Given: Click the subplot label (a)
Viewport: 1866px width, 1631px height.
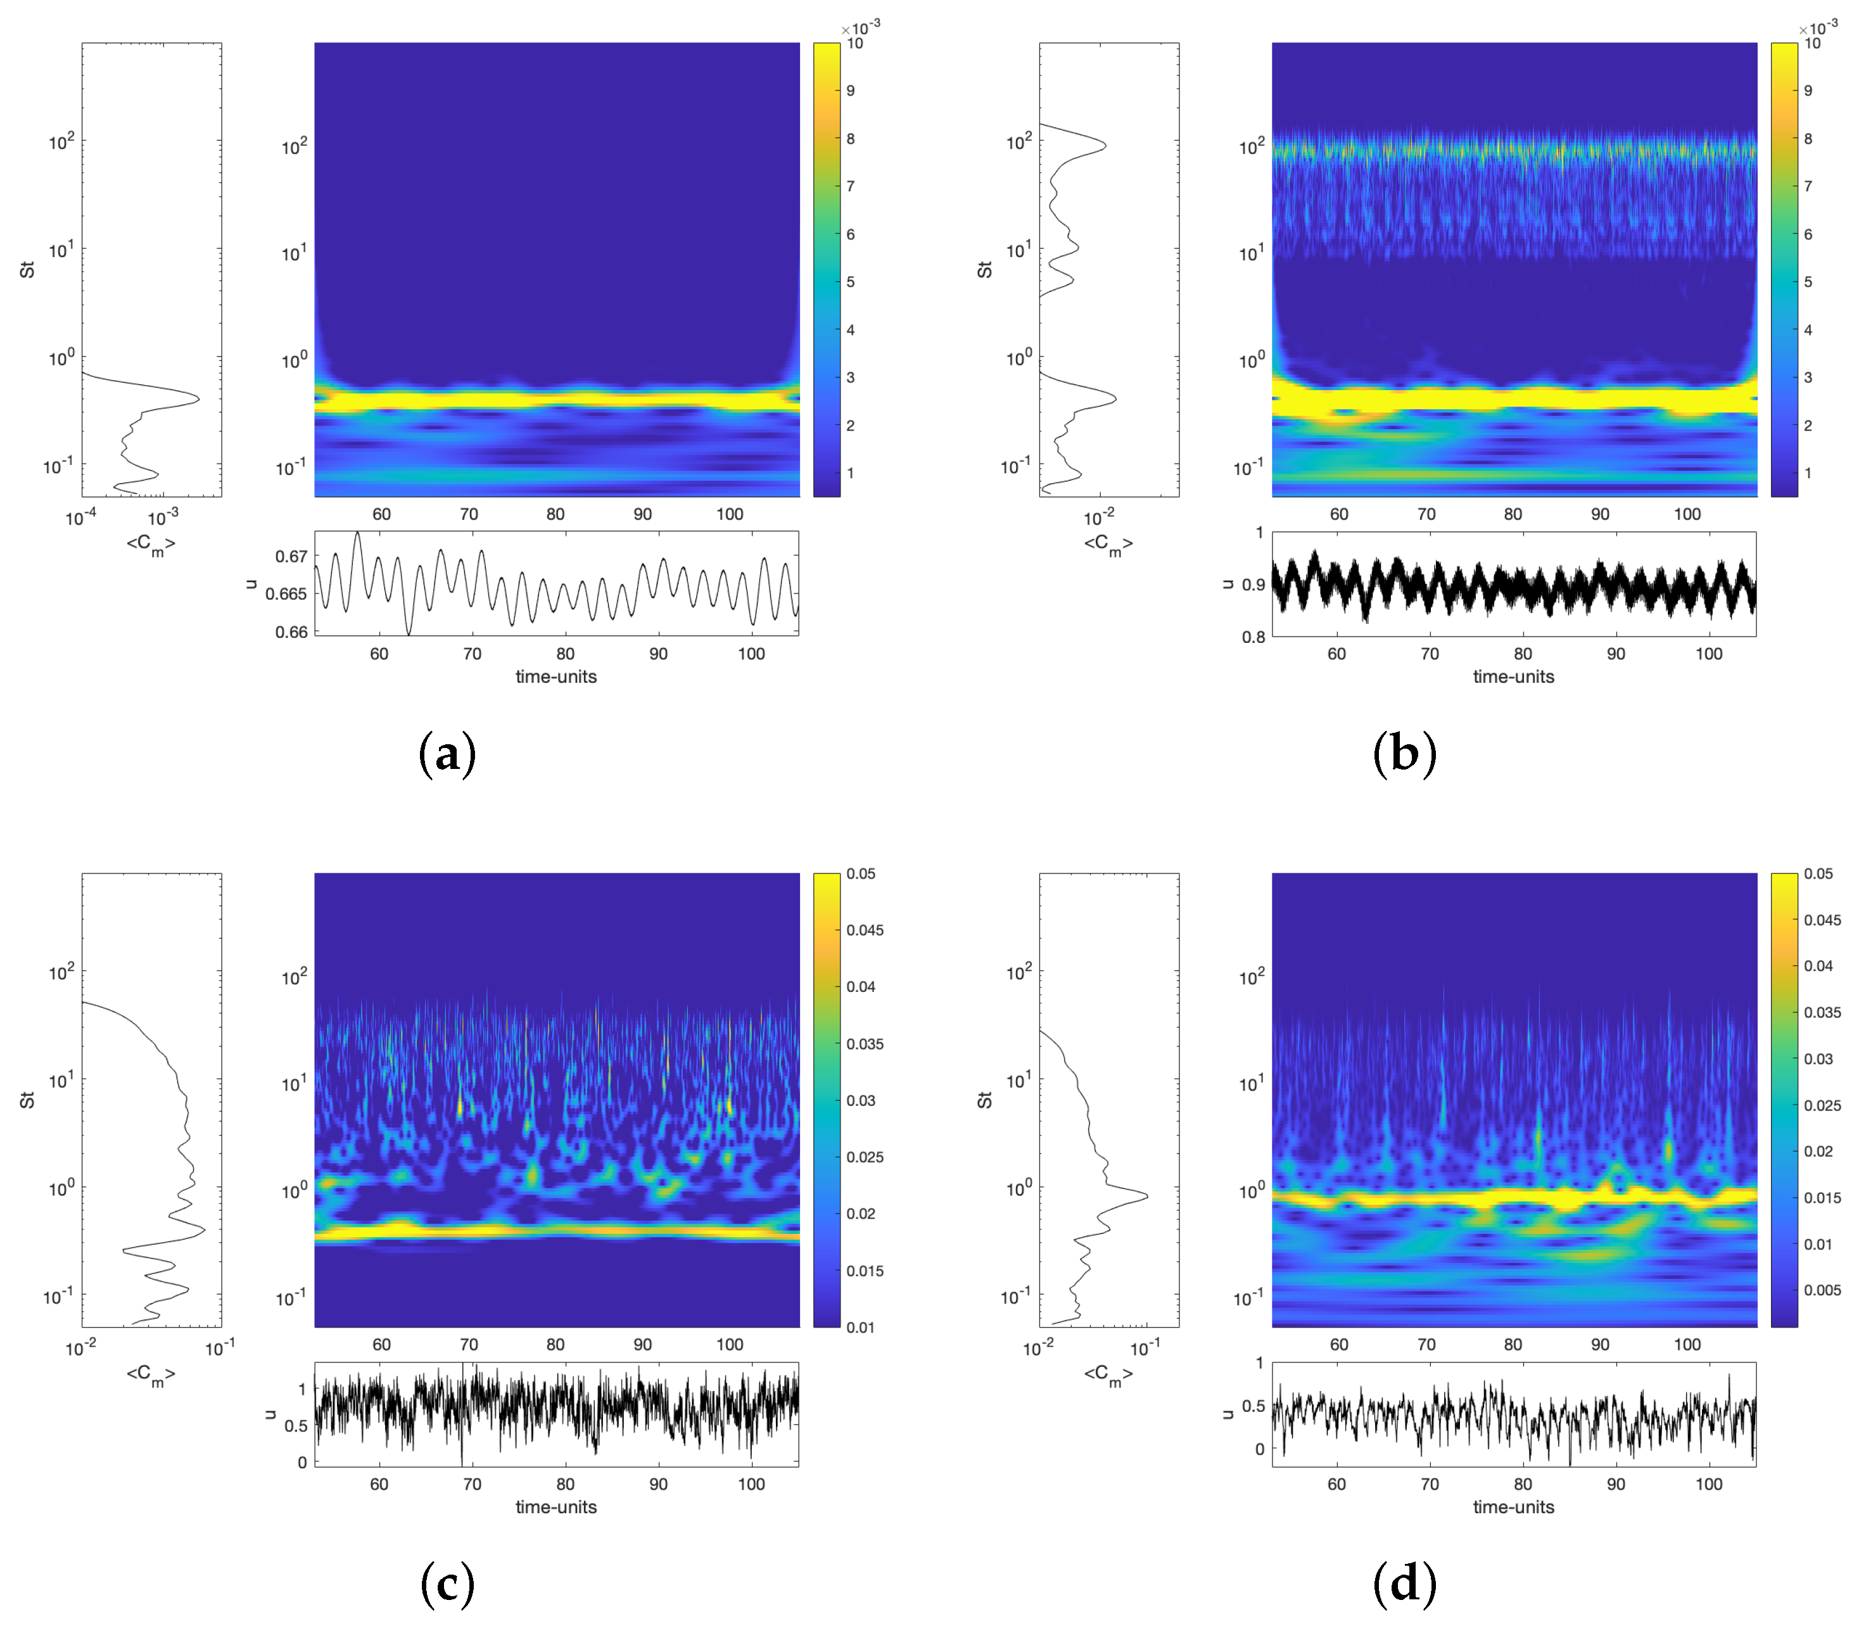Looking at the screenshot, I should click(x=447, y=754).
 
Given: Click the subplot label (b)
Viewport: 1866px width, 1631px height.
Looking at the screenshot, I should click(x=1404, y=754).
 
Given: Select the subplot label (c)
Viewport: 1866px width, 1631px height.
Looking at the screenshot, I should click(x=447, y=1585).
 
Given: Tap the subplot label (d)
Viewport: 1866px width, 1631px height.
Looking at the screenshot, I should click(x=1404, y=1585).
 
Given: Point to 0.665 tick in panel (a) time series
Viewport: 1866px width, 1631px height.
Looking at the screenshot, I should click(x=285, y=594).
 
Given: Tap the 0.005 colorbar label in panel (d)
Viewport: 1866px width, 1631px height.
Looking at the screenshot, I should click(x=1822, y=1290).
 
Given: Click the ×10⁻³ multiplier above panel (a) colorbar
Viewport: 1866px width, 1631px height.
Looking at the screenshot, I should click(x=860, y=27).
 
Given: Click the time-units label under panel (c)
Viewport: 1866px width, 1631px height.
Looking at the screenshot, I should click(x=556, y=1507).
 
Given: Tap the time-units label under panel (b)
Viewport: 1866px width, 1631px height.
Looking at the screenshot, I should click(x=1514, y=676).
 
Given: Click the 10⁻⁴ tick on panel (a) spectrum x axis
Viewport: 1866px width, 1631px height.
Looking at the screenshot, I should click(x=82, y=519).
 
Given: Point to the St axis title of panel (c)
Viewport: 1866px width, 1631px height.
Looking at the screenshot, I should click(x=27, y=1100).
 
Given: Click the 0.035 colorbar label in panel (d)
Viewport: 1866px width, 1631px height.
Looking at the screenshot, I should click(x=1822, y=1012).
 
